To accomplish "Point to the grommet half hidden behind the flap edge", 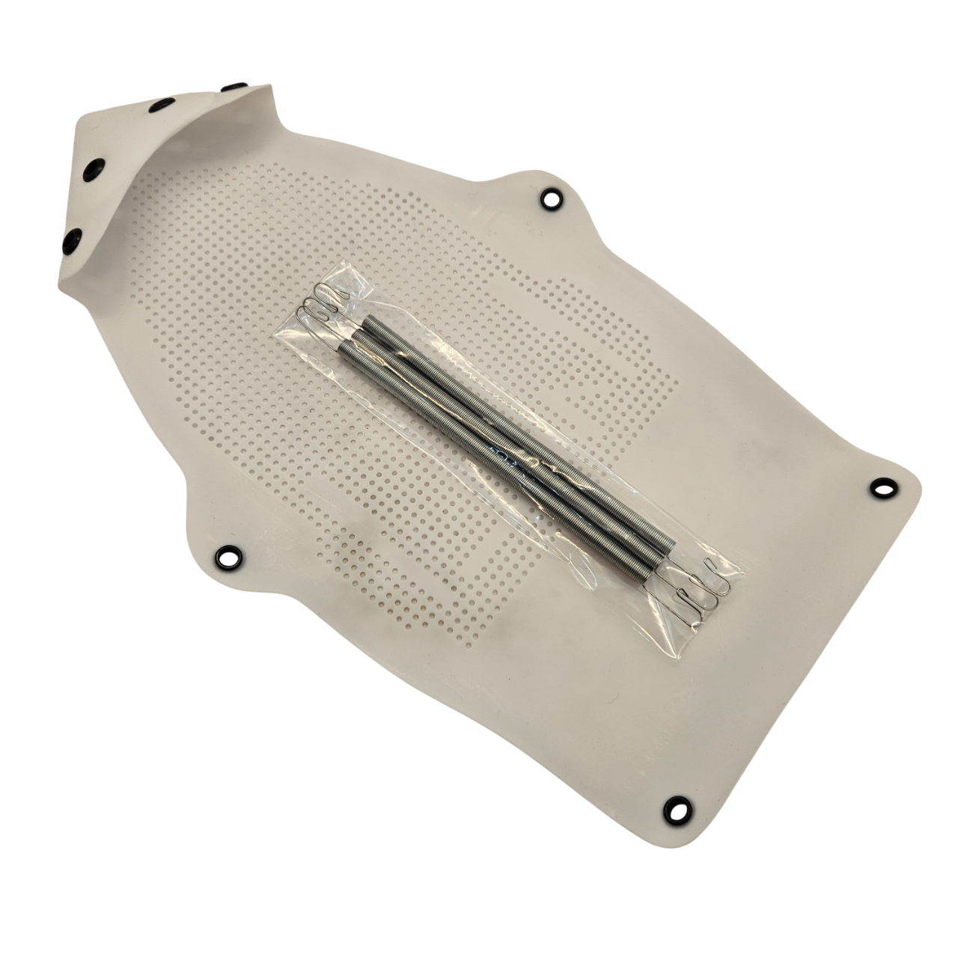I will pos(239,88).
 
